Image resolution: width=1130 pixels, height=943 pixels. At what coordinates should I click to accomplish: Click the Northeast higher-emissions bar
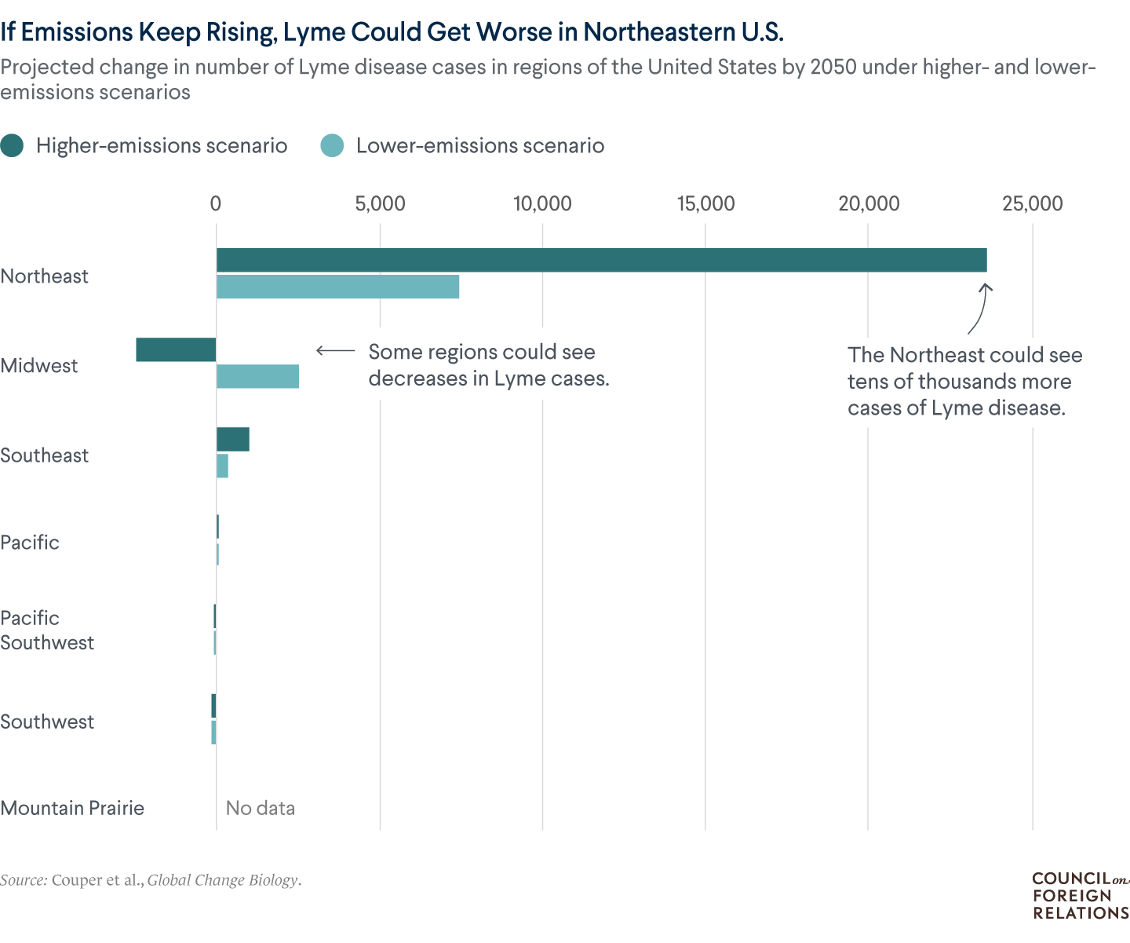601,260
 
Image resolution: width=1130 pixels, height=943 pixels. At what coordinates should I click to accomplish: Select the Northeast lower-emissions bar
337,287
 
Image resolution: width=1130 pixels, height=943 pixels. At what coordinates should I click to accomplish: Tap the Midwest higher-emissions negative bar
176,349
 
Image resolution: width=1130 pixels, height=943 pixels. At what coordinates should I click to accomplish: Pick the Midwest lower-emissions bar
257,377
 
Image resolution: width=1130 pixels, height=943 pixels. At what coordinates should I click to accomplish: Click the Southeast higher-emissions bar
233,440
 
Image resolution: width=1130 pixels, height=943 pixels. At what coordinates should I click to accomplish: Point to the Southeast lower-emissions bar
223,466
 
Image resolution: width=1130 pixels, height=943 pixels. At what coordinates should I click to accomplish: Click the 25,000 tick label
1032,204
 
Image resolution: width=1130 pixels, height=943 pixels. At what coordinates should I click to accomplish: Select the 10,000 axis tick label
542,204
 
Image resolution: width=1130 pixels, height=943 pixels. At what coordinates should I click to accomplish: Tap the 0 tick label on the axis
216,204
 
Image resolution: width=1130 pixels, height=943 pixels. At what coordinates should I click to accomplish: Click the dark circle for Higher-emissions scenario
13,146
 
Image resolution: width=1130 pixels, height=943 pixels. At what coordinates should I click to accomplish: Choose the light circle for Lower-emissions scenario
333,146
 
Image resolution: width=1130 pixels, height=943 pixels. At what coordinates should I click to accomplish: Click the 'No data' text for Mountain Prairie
260,808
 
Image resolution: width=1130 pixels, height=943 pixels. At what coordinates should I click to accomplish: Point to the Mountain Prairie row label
72,808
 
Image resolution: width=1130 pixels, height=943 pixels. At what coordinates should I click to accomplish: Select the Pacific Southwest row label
47,630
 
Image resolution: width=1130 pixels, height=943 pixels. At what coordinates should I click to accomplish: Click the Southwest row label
47,722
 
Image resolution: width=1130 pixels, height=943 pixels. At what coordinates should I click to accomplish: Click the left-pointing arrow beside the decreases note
335,351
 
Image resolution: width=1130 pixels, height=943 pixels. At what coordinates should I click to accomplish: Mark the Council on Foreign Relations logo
1080,896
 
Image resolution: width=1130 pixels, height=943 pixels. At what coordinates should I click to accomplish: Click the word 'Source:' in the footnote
24,880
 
